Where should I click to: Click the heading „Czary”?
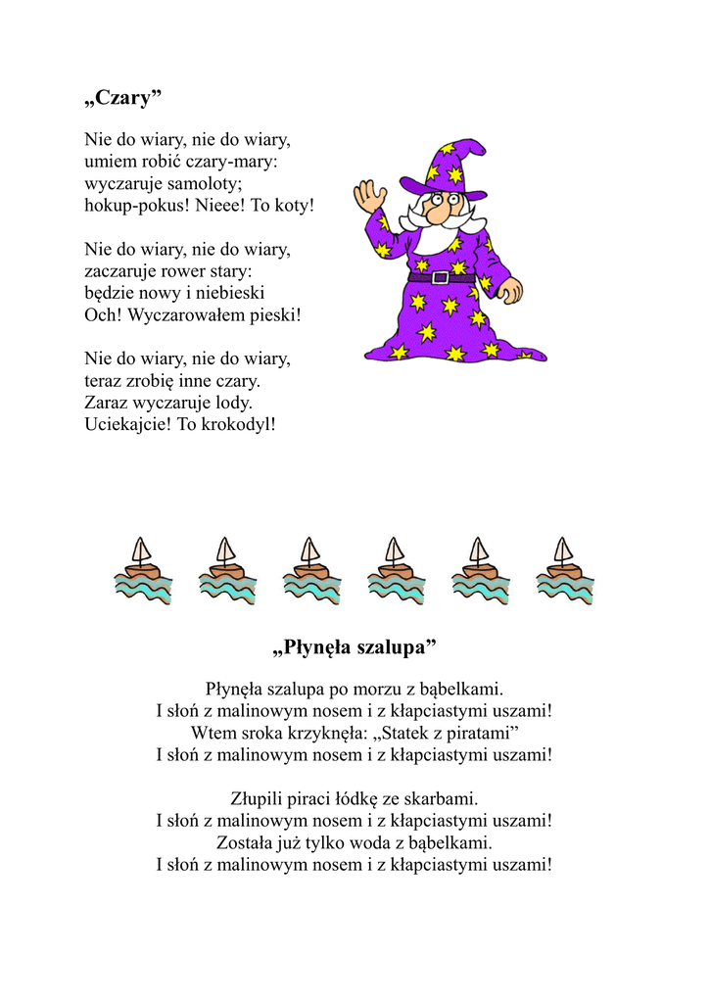(122, 98)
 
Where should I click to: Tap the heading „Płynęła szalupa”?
(354, 648)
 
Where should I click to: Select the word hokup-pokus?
(135, 207)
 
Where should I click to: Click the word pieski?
(274, 315)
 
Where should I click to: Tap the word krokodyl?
(239, 425)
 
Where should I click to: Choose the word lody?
(231, 403)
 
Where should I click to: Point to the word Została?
(248, 842)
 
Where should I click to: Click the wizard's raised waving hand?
(370, 197)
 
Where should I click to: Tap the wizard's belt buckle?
(440, 277)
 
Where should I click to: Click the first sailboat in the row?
(142, 570)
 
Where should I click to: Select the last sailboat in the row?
(564, 570)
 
